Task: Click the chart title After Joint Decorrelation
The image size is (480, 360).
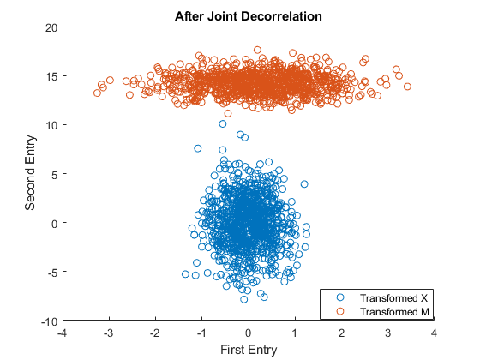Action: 248,15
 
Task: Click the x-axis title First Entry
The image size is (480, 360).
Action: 248,349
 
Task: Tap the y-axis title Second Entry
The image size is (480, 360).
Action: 30,174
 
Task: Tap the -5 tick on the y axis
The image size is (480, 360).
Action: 52,272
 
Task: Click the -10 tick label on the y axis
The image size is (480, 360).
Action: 49,321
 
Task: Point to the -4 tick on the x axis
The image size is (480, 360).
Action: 61,332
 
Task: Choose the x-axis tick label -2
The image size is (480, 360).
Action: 154,332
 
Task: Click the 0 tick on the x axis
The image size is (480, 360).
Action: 249,332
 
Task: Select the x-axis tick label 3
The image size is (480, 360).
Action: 388,332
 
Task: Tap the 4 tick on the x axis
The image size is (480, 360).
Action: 435,332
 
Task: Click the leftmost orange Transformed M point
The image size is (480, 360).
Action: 98,93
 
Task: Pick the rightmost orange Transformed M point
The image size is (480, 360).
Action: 407,87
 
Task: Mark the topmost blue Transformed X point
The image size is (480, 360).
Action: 223,124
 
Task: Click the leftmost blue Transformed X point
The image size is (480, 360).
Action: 185,274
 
